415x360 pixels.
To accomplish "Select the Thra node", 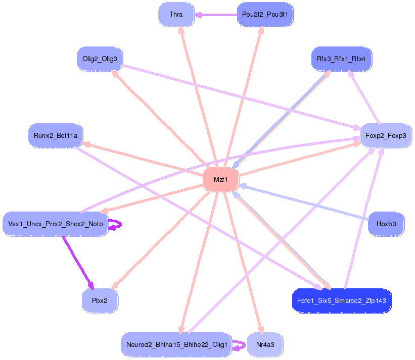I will [176, 15].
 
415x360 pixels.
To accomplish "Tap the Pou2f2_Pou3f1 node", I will [265, 15].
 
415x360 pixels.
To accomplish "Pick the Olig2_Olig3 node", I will [100, 59].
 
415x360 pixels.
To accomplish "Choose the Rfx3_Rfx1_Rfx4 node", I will [341, 59].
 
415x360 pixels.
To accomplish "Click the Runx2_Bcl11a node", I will [56, 135].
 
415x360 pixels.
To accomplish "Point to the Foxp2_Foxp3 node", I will [385, 135].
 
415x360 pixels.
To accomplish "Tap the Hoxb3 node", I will [386, 224].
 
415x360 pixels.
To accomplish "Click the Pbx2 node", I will [100, 300].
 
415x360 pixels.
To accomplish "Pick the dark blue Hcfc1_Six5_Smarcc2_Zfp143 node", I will [342, 300].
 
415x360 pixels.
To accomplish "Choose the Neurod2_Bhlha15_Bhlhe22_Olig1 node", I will [176, 344].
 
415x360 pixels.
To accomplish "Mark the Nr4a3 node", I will [265, 344].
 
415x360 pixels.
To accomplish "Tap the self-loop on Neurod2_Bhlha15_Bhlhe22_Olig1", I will [240, 345].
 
